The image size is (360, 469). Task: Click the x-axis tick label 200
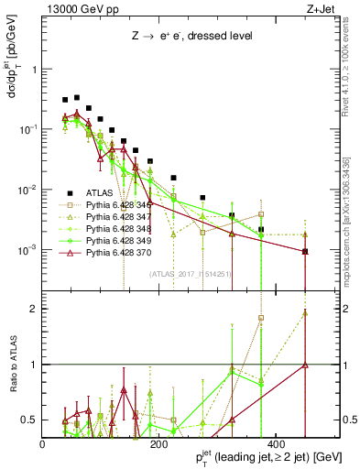click(159, 443)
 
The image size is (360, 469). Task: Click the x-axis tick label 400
click(276, 443)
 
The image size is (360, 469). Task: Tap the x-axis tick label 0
click(43, 443)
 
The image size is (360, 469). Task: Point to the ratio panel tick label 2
click(33, 309)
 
